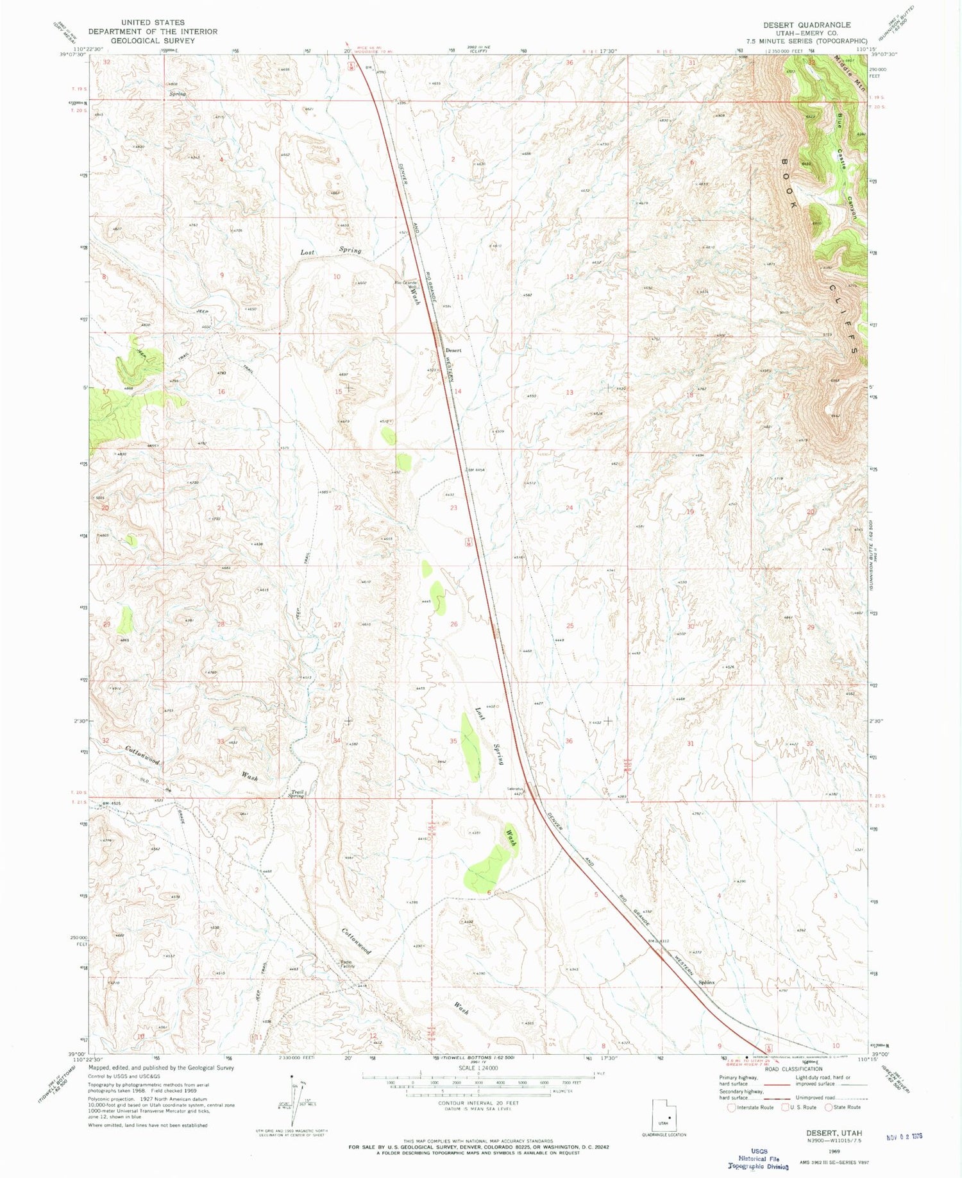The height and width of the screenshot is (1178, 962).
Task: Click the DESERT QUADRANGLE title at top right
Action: point(806,25)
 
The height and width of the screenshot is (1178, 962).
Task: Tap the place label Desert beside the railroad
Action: point(453,350)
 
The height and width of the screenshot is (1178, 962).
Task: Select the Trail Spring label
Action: point(296,794)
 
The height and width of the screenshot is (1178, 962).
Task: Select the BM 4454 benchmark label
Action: point(475,470)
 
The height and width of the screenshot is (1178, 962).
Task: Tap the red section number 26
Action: point(454,624)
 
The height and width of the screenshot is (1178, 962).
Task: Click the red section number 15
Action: point(338,391)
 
